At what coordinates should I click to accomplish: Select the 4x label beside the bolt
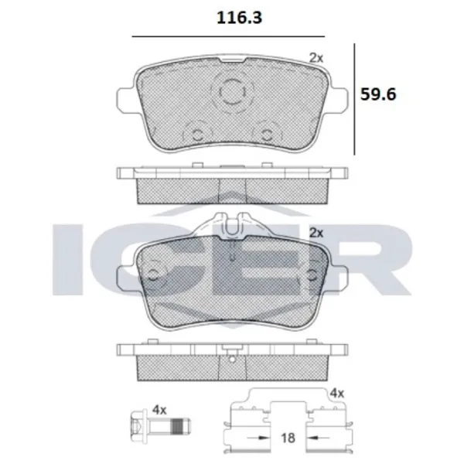[160, 409]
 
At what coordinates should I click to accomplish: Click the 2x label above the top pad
[316, 56]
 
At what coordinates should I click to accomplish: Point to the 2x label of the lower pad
[316, 231]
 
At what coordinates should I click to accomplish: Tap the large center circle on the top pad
[231, 93]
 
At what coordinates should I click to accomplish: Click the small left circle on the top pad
[197, 133]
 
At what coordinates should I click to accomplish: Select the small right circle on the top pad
[266, 133]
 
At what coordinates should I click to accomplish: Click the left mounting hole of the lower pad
[154, 273]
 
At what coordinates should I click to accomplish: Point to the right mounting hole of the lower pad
[312, 273]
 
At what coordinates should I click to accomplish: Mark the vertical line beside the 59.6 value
[355, 98]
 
